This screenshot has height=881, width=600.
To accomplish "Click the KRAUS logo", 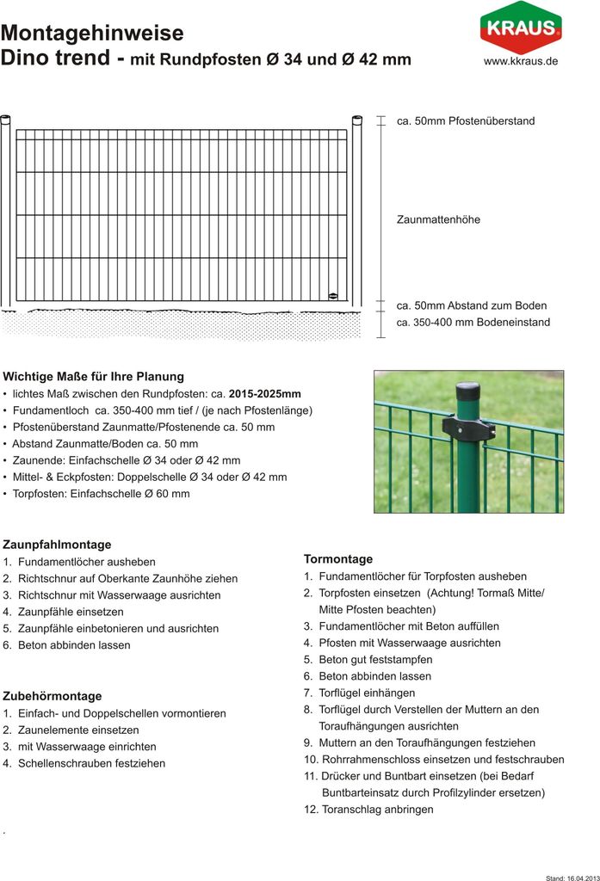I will [520, 28].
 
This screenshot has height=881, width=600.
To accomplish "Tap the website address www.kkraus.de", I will [520, 61].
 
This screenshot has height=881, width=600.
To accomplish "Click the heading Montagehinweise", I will [92, 34].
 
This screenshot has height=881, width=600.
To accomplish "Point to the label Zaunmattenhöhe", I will [438, 219].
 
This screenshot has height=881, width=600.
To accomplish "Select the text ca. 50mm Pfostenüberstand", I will [466, 121].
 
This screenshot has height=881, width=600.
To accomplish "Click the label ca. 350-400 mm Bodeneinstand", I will [473, 323].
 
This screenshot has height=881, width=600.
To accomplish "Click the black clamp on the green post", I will [467, 426].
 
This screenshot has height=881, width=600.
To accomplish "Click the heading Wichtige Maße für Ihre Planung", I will [94, 376].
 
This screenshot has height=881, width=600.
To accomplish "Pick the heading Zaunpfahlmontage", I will [57, 545].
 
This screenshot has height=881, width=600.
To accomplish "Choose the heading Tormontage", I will [338, 558].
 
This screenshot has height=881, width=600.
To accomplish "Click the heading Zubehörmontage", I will [53, 696].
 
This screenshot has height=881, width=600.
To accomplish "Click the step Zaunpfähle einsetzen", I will [71, 612].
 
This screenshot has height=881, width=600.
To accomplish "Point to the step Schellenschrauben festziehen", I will [91, 763].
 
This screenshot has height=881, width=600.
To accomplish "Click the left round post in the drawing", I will [5, 211].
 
